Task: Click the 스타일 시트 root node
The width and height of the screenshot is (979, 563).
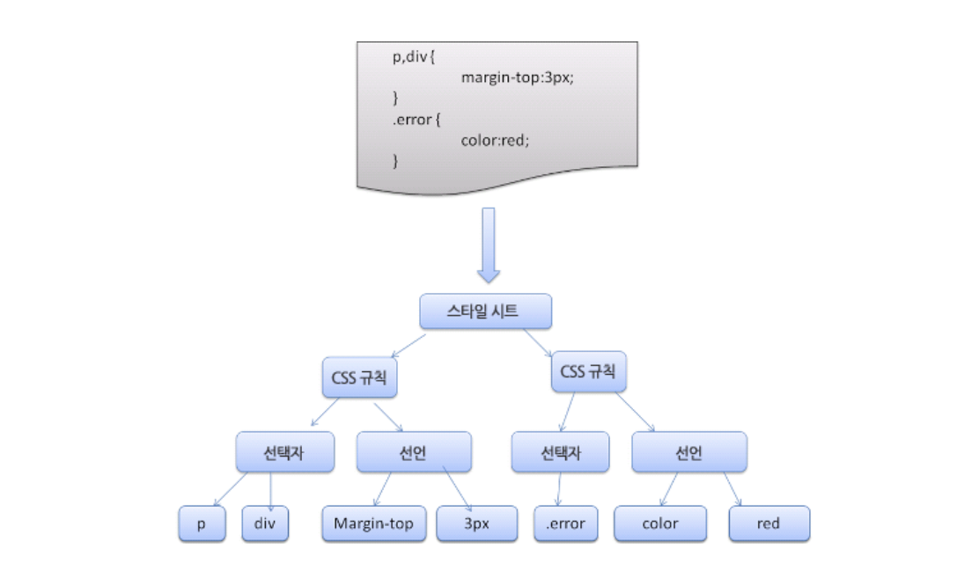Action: pyautogui.click(x=486, y=311)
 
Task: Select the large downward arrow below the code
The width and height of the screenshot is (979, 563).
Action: pyautogui.click(x=489, y=244)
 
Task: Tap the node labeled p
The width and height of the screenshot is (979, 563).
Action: pyautogui.click(x=202, y=523)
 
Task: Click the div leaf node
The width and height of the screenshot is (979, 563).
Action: pyautogui.click(x=266, y=523)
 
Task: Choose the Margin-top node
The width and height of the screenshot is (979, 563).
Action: pyautogui.click(x=374, y=523)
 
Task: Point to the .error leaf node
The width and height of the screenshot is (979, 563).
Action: pyautogui.click(x=565, y=523)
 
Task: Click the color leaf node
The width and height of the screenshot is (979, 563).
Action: pyautogui.click(x=660, y=523)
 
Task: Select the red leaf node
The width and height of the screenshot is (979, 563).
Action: pyautogui.click(x=769, y=523)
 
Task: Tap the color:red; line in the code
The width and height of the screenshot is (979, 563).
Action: pyautogui.click(x=495, y=139)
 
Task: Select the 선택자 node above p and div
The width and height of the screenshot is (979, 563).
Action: pyautogui.click(x=286, y=453)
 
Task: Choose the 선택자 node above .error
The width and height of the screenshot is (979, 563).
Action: pyautogui.click(x=560, y=453)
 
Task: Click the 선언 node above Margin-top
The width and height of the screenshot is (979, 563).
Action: pyautogui.click(x=414, y=453)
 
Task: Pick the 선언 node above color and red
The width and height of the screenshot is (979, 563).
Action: pyautogui.click(x=689, y=453)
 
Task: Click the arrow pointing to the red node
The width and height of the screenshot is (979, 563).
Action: pyautogui.click(x=732, y=489)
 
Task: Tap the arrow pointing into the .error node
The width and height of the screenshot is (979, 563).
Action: pyautogui.click(x=560, y=489)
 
